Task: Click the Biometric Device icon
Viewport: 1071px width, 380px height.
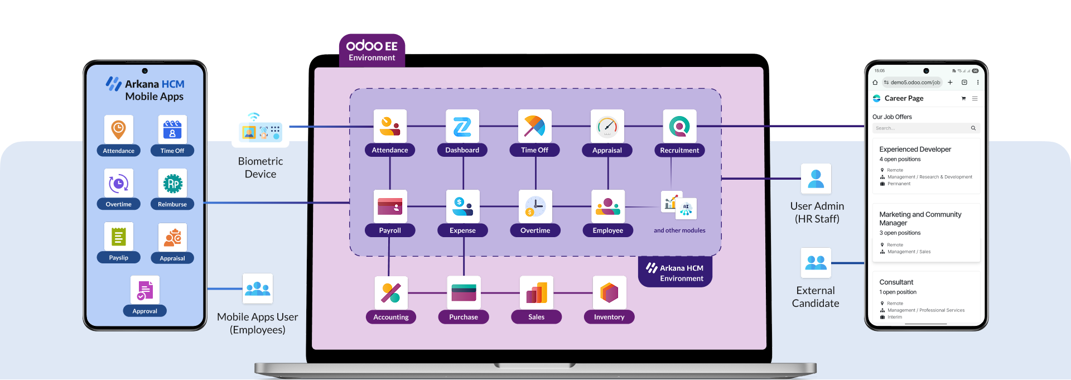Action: pos(260,128)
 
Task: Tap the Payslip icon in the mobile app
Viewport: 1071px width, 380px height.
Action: pos(118,237)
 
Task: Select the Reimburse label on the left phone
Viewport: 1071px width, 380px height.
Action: pos(172,204)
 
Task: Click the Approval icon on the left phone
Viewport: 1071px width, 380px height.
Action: pos(145,290)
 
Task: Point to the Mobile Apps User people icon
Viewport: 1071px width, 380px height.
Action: pos(258,288)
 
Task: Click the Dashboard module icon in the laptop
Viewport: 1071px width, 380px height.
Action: pos(462,126)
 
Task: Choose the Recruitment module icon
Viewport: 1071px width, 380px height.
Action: pos(679,126)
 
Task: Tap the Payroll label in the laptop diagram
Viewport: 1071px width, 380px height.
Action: pos(390,230)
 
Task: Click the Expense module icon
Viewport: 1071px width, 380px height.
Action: pos(463,206)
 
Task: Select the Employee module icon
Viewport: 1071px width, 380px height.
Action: pos(608,206)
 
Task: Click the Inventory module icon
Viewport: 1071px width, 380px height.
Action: pos(609,292)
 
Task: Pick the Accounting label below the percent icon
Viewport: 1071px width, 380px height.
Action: pos(391,317)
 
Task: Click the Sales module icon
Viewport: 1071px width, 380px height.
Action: pos(537,292)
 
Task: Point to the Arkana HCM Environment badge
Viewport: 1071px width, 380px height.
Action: pos(676,273)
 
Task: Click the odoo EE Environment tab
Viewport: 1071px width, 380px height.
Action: pos(372,51)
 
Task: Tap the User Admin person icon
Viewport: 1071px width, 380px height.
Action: pos(816,179)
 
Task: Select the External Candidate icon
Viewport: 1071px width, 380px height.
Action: pos(816,262)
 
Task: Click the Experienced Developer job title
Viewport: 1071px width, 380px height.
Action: pos(915,149)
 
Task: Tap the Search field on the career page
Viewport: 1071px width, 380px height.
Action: pos(920,128)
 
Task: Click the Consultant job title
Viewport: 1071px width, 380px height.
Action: pos(896,282)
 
